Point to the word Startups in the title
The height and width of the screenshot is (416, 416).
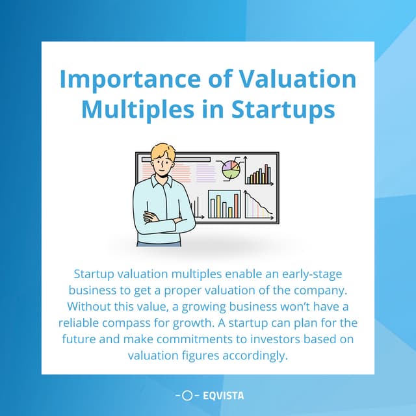click(285, 109)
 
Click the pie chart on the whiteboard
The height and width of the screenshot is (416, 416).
click(231, 169)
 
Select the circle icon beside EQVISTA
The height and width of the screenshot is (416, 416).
click(187, 395)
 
